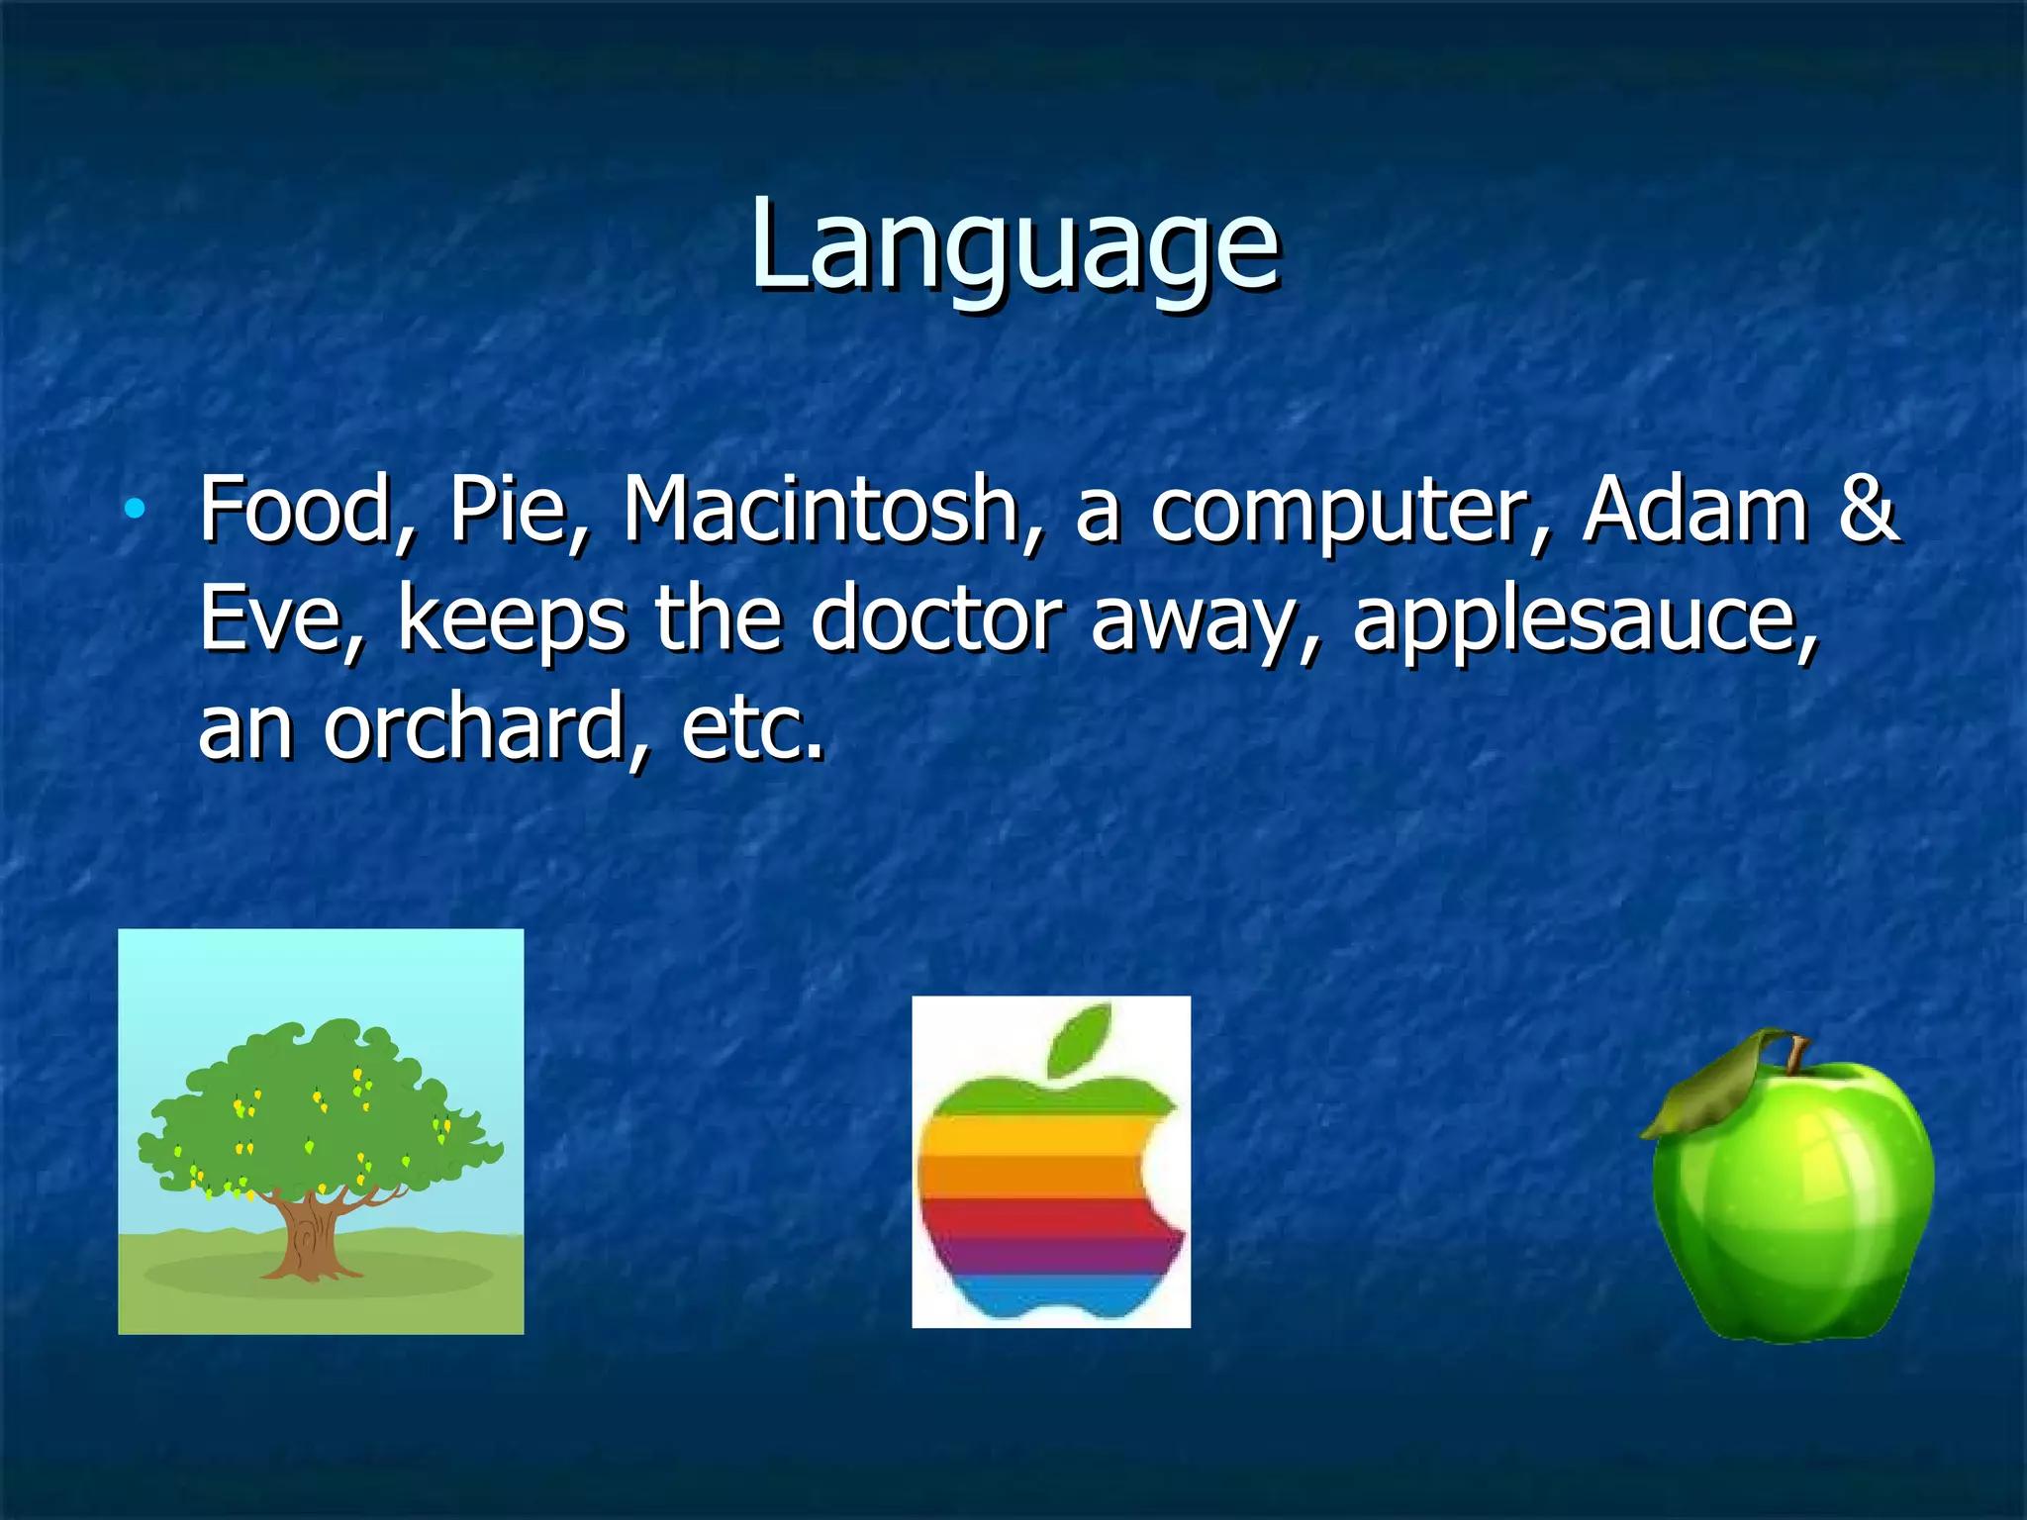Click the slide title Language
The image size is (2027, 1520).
(1013, 245)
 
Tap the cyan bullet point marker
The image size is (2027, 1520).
(135, 511)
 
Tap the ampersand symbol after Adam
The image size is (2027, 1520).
(1868, 511)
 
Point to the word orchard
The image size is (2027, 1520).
(485, 728)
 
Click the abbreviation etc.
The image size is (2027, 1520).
(752, 730)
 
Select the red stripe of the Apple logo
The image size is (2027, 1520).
(1039, 1217)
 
